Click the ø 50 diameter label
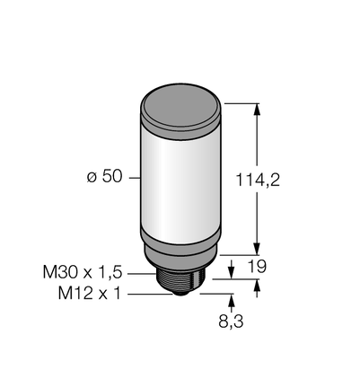[x=105, y=177]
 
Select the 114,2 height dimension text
[x=258, y=180]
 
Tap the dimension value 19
[x=257, y=267]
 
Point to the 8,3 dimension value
[x=231, y=322]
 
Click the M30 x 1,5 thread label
[x=83, y=272]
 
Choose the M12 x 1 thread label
[x=90, y=294]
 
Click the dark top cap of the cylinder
[x=180, y=107]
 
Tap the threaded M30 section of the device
[x=180, y=281]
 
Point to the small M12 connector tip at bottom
[x=180, y=293]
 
